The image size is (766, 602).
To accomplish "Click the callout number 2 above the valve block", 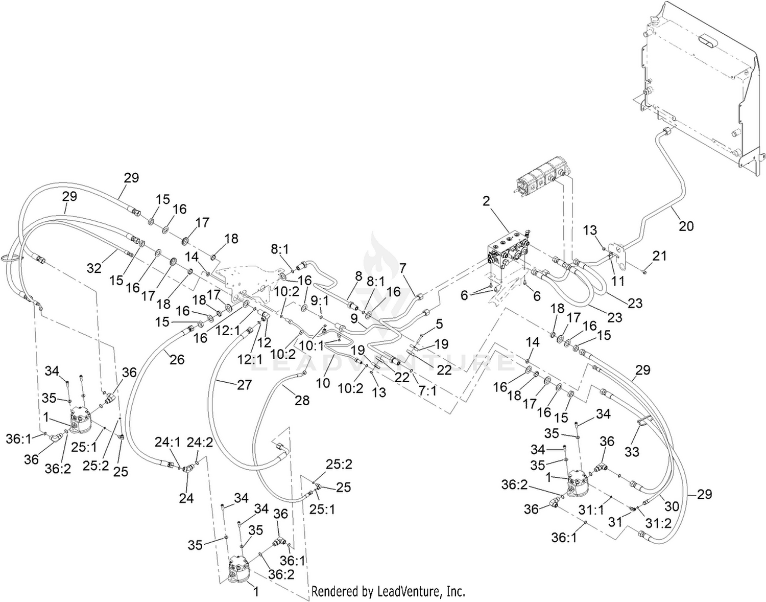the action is pyautogui.click(x=487, y=201).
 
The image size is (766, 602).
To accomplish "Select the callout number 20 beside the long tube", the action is pyautogui.click(x=686, y=226).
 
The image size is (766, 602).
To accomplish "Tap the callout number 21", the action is pyautogui.click(x=660, y=256).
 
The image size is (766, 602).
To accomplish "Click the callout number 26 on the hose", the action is pyautogui.click(x=177, y=359).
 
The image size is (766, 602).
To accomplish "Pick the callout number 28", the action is pyautogui.click(x=302, y=400).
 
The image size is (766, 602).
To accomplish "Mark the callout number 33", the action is pyautogui.click(x=631, y=451).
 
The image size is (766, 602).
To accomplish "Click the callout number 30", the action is pyautogui.click(x=672, y=507).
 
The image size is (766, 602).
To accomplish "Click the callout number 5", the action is pyautogui.click(x=439, y=323).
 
